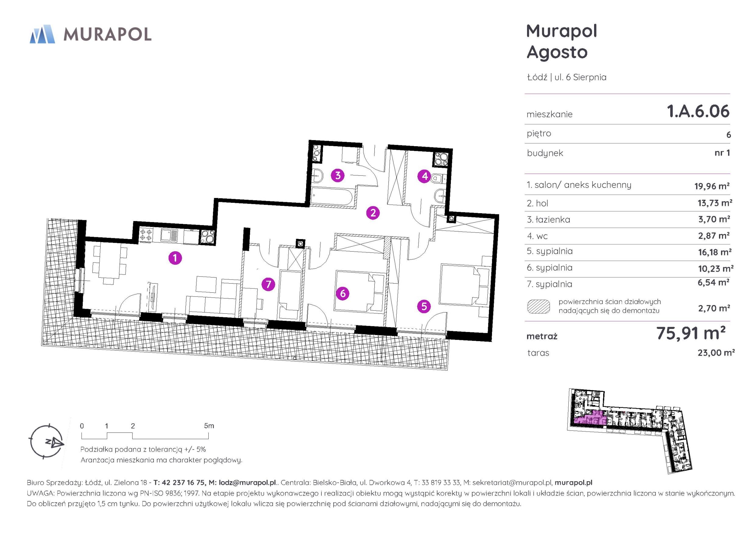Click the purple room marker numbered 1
click(175, 258)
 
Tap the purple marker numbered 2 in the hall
click(373, 213)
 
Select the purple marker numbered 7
click(268, 284)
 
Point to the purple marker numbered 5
click(424, 306)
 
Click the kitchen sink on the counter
click(169, 235)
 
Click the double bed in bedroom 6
click(359, 291)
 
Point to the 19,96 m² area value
click(712, 186)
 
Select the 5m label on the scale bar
click(209, 426)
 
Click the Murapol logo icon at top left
click(42, 34)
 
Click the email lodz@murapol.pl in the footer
click(247, 482)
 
